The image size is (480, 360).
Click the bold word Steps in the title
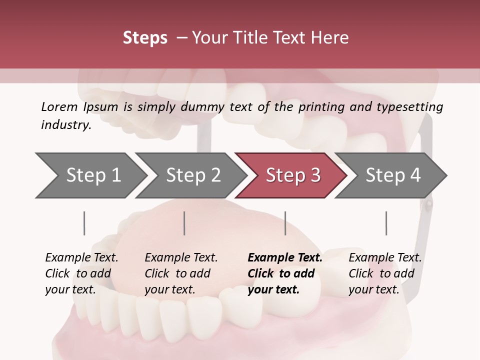pyautogui.click(x=145, y=38)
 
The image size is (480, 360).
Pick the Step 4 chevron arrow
pyautogui.click(x=393, y=175)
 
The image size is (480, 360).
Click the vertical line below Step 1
pyautogui.click(x=84, y=223)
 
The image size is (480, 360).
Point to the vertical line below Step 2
pyautogui.click(x=184, y=223)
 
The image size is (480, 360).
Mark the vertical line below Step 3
pyautogui.click(x=285, y=223)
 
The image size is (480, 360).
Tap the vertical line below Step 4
pyautogui.click(x=386, y=223)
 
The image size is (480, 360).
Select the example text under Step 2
pyautogui.click(x=180, y=273)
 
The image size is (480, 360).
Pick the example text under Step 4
pyautogui.click(x=384, y=273)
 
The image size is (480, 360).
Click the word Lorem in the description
pyautogui.click(x=59, y=106)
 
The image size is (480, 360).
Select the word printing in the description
pyautogui.click(x=321, y=106)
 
